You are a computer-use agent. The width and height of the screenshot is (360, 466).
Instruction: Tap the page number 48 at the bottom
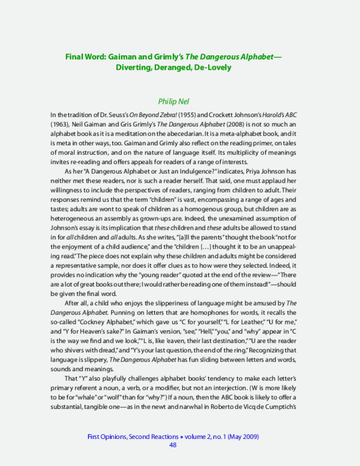tap(173, 445)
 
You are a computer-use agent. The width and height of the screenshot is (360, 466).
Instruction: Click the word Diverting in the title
tap(135, 67)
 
